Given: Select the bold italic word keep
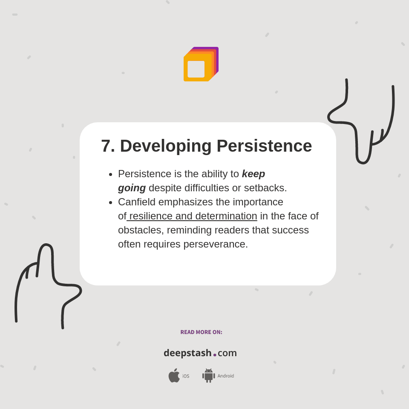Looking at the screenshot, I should (x=253, y=174).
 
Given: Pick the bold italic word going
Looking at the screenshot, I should (x=132, y=188).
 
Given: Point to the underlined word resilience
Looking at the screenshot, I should (x=151, y=216).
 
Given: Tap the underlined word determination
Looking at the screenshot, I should (x=226, y=216).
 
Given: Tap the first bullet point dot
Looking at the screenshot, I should (x=111, y=175).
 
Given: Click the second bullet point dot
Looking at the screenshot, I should (x=111, y=203).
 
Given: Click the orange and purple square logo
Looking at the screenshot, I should (x=201, y=64).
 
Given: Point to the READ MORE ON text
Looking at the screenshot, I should (x=201, y=332).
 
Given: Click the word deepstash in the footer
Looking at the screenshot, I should (x=187, y=353).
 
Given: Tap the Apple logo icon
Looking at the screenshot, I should (x=174, y=375).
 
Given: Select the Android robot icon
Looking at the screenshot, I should (x=208, y=375).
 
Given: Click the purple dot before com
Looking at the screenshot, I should (x=215, y=354).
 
